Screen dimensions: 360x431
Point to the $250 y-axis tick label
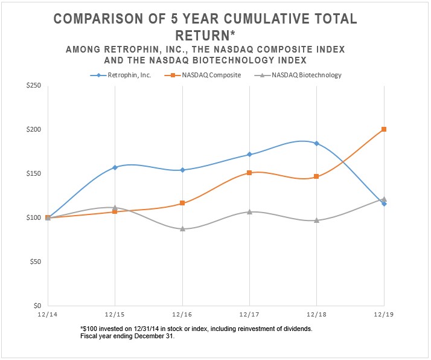point(33,86)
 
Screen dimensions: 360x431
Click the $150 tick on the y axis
point(33,174)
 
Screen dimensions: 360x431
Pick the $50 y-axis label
point(35,262)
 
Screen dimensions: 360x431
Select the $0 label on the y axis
point(37,306)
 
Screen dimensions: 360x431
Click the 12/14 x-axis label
point(48,315)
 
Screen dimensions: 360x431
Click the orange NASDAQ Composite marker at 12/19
point(384,129)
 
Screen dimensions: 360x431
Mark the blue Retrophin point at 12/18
point(316,143)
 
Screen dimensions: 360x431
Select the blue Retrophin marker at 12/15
point(115,167)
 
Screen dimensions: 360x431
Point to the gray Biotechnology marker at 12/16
point(182,229)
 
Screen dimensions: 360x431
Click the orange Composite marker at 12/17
point(249,173)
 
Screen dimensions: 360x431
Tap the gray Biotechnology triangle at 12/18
point(316,220)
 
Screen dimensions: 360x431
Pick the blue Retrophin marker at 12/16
point(182,170)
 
